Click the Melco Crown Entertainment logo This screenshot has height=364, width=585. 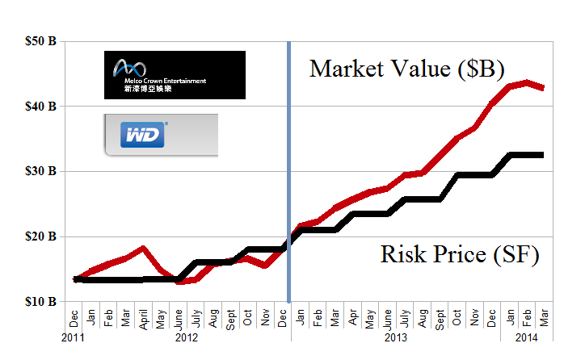(175, 75)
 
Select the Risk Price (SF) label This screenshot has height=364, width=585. (459, 256)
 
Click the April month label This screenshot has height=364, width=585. (143, 318)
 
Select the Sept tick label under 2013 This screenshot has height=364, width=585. (440, 317)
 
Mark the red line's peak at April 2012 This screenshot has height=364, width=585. (143, 248)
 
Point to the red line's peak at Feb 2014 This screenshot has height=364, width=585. (528, 82)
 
